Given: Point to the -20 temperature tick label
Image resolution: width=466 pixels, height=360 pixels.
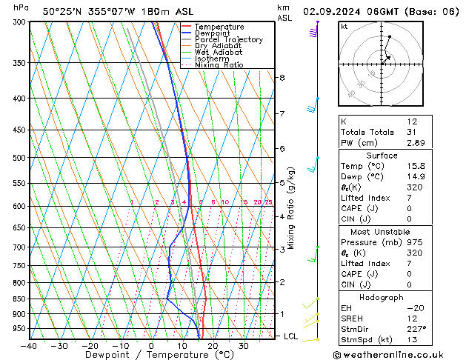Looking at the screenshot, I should [x=90, y=345].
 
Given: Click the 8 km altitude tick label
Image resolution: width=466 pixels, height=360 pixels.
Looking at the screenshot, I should [x=282, y=77].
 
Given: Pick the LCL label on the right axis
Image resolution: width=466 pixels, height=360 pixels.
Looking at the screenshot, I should [x=291, y=336].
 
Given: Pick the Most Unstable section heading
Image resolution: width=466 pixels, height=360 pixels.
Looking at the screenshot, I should [x=382, y=231].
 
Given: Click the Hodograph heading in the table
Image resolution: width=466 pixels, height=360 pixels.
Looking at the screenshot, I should [x=382, y=297].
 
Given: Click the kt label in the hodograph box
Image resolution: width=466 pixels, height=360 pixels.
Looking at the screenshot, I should [x=344, y=26].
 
